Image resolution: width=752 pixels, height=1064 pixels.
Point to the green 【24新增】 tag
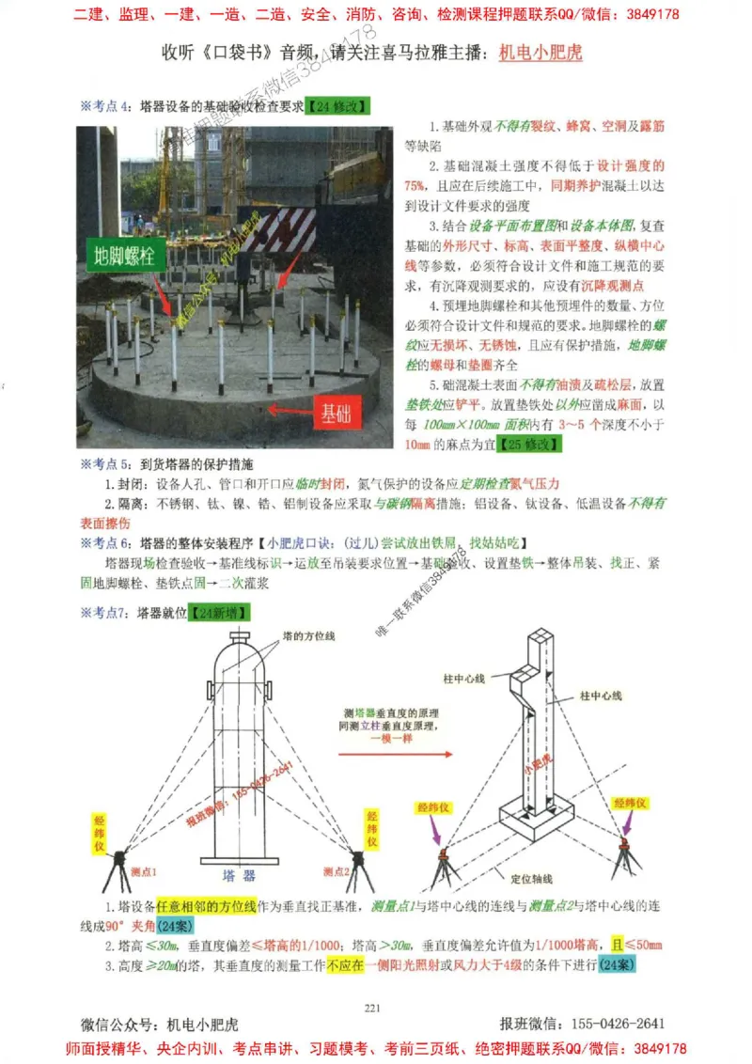click(x=219, y=613)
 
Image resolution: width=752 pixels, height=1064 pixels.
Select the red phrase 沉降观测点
click(x=613, y=286)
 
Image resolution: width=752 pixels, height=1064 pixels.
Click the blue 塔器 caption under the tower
click(x=239, y=875)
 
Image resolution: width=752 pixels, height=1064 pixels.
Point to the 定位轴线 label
click(x=533, y=880)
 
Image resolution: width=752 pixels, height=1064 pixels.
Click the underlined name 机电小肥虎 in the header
click(x=540, y=53)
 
